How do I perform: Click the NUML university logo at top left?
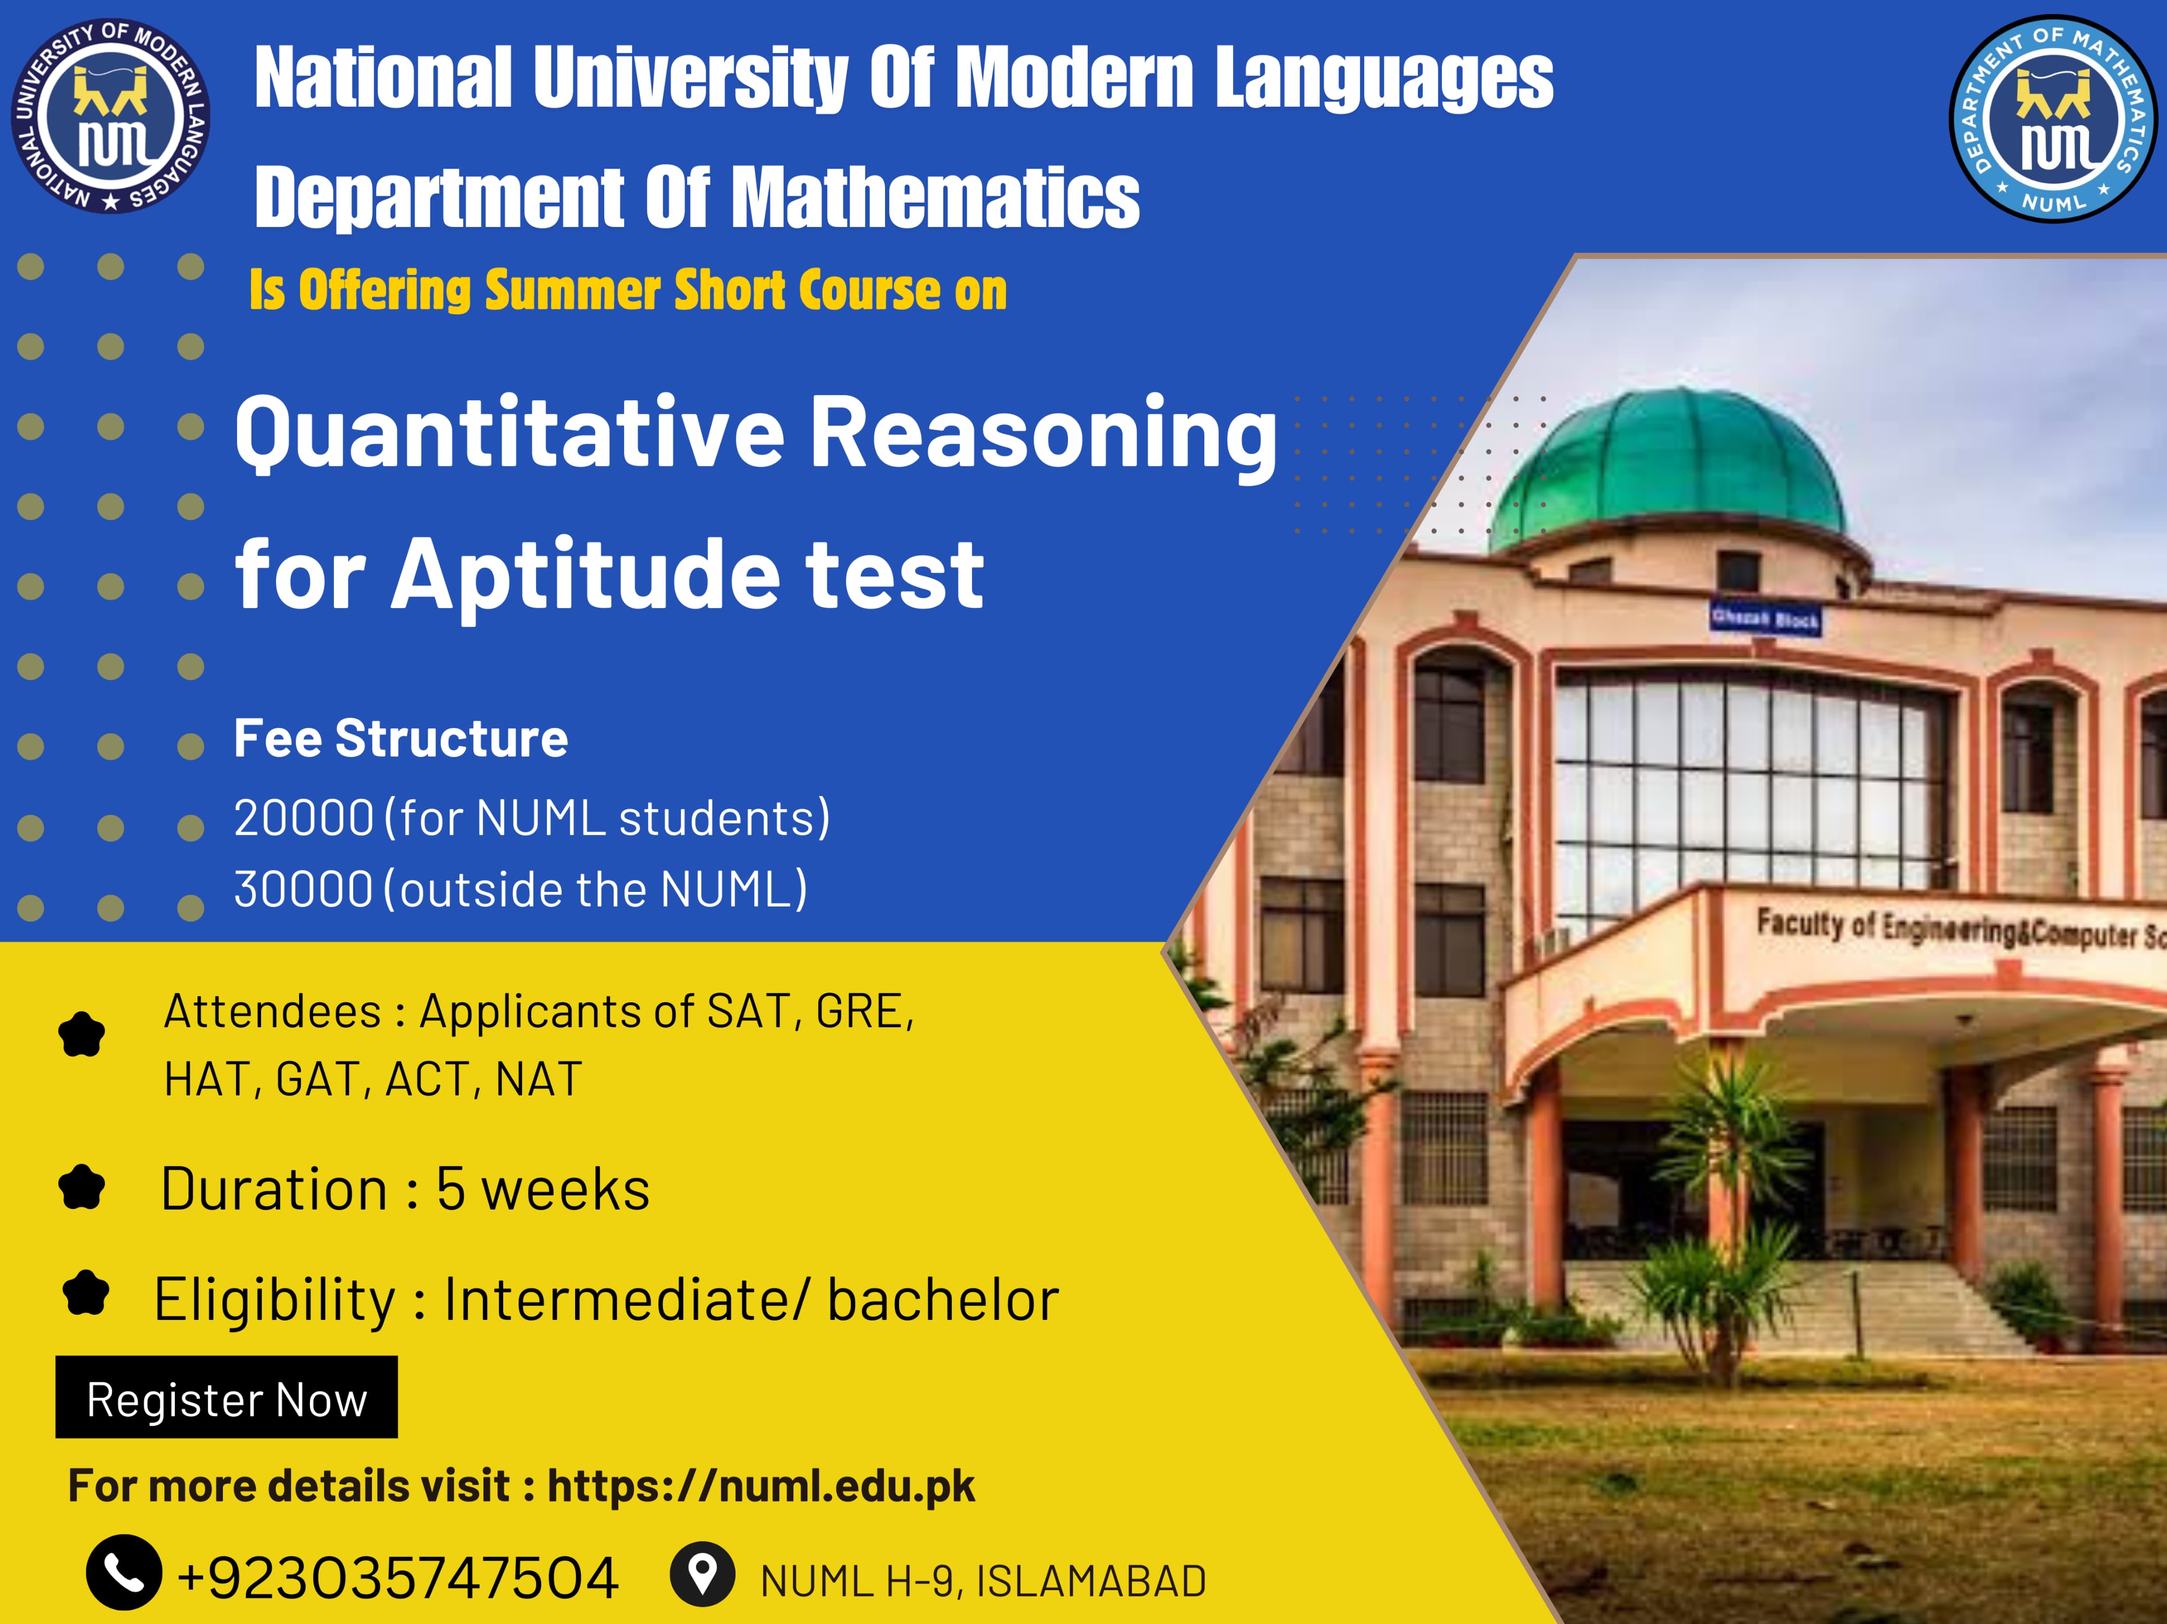pyautogui.click(x=111, y=116)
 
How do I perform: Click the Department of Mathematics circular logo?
pyautogui.click(x=2053, y=119)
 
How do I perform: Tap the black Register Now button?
pyautogui.click(x=226, y=1397)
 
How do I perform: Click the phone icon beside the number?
pyautogui.click(x=123, y=1572)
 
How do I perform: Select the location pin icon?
pyautogui.click(x=702, y=1573)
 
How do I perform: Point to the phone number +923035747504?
pyautogui.click(x=398, y=1578)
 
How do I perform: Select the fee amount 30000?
pyautogui.click(x=304, y=889)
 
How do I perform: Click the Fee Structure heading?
pyautogui.click(x=401, y=738)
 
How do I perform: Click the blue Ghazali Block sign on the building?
pyautogui.click(x=1764, y=618)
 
